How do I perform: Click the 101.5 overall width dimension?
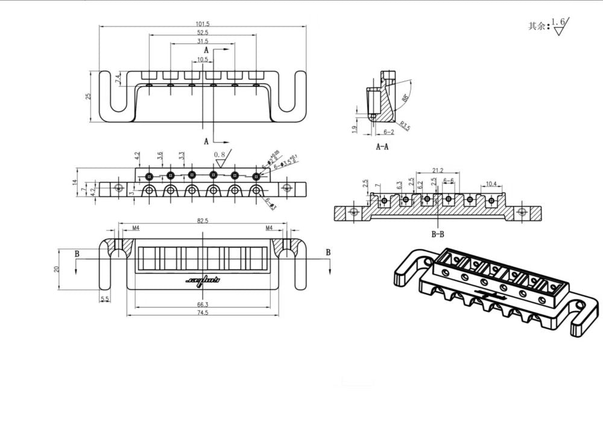pos(203,23)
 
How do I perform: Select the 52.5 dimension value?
pos(203,33)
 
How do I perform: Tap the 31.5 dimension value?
pos(203,42)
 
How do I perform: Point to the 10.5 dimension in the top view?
pos(203,60)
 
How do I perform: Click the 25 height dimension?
pos(88,96)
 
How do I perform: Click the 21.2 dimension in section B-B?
pos(438,171)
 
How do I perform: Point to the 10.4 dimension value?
pos(491,183)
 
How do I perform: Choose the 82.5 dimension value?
pos(203,221)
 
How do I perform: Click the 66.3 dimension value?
pos(203,305)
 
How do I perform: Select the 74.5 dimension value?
pos(203,313)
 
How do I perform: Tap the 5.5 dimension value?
pos(105,299)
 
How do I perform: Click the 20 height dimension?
pos(56,269)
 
